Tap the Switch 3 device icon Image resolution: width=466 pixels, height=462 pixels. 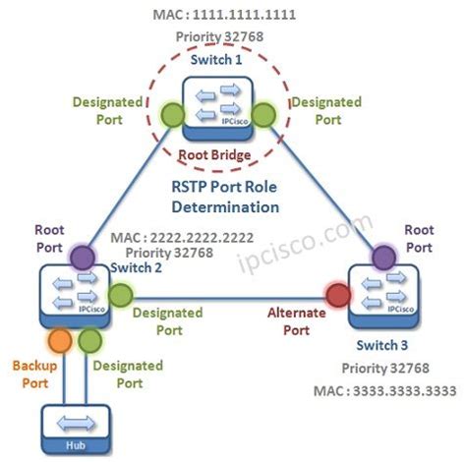pos(383,294)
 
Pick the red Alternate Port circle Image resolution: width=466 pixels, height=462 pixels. pos(337,295)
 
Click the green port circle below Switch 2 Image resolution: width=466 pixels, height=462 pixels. pos(89,341)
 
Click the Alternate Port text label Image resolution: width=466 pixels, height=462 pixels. pos(295,321)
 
